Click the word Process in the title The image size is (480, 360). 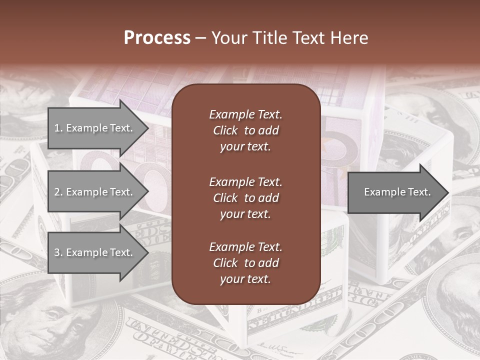pyautogui.click(x=157, y=38)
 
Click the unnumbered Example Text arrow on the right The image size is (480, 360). pyautogui.click(x=397, y=192)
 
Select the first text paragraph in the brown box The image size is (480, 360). pyautogui.click(x=245, y=130)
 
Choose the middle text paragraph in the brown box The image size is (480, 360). pyautogui.click(x=245, y=198)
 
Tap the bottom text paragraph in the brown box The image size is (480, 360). pyautogui.click(x=245, y=263)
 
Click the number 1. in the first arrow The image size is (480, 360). pyautogui.click(x=58, y=128)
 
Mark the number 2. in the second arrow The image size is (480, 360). pyautogui.click(x=58, y=192)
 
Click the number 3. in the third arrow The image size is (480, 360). pyautogui.click(x=58, y=252)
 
